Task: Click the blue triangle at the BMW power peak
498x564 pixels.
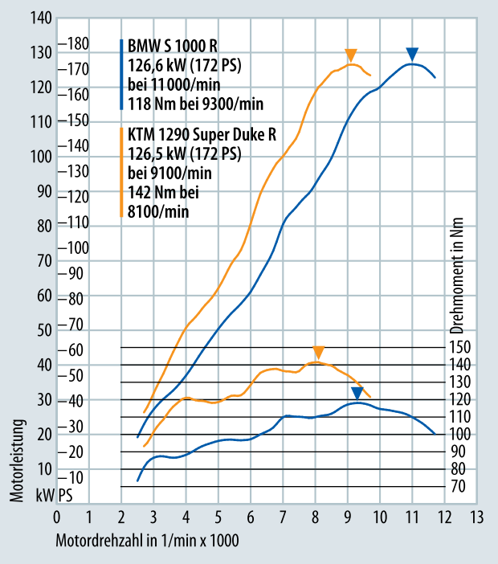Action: coord(412,55)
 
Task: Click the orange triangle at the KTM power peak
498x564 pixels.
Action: coord(350,55)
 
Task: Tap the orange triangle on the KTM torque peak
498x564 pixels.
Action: coord(318,353)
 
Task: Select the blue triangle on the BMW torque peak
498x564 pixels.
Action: coord(357,393)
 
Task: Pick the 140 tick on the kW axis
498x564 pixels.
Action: coord(42,18)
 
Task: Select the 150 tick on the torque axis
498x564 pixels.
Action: coord(460,348)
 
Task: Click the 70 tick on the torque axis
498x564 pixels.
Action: coord(457,486)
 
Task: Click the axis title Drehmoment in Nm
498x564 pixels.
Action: coord(457,277)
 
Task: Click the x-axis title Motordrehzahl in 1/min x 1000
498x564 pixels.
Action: coord(147,540)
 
